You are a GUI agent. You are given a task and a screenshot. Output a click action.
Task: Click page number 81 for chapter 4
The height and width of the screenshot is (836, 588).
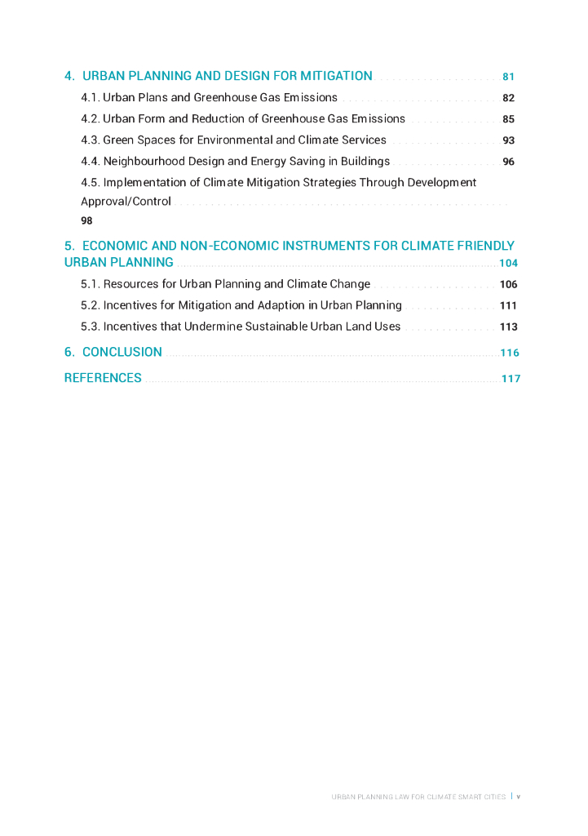508,78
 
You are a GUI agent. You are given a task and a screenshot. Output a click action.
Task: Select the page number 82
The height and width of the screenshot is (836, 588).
508,99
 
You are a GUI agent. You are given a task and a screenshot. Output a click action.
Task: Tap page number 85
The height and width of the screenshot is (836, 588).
508,120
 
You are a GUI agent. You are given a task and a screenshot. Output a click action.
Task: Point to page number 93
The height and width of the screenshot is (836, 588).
508,141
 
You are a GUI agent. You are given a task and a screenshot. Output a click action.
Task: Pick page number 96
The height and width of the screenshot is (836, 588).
508,162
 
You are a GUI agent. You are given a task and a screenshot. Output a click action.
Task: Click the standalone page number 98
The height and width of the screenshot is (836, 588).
86,221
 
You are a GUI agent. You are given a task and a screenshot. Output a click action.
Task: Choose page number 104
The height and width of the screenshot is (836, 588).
508,264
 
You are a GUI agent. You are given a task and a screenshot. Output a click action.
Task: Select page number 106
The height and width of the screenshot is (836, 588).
508,285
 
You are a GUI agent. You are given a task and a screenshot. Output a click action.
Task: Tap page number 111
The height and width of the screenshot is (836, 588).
508,306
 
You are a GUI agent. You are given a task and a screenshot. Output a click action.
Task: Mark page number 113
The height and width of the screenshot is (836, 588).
508,327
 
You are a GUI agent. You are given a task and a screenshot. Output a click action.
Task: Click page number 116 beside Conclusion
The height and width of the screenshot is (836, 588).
510,354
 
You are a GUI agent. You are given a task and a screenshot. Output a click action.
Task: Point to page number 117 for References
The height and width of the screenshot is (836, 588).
511,379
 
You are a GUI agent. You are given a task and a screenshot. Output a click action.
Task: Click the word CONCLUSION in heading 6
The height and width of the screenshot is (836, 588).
122,353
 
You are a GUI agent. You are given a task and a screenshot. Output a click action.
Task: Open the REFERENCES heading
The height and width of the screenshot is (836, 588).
103,378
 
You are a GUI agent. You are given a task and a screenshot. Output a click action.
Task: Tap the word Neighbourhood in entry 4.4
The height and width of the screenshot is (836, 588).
144,162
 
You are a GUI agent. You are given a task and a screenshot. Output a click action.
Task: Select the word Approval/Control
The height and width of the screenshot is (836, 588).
126,202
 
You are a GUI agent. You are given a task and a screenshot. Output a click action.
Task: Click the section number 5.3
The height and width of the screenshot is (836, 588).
90,327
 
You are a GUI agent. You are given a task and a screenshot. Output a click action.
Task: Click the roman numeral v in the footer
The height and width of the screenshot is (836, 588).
518,797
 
